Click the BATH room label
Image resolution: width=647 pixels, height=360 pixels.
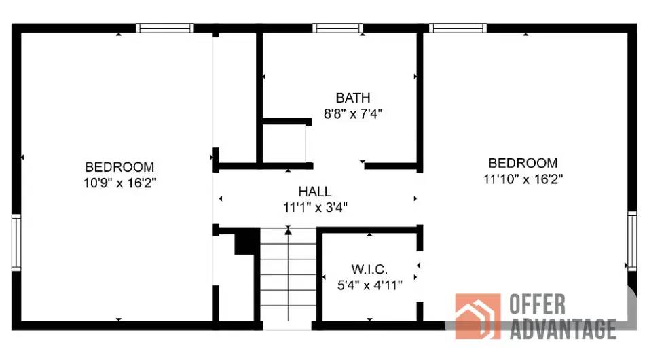click(352, 98)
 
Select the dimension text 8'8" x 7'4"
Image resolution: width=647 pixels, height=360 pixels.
click(352, 114)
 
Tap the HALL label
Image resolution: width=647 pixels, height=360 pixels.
click(315, 192)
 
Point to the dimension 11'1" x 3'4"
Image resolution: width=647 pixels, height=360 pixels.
click(315, 208)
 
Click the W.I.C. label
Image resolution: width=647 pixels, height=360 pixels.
click(370, 269)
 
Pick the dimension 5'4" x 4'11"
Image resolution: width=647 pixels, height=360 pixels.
click(370, 285)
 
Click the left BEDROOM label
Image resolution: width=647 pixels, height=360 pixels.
click(119, 167)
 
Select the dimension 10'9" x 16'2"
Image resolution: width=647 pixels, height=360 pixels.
click(119, 183)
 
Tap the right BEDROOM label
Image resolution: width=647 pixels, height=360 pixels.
click(523, 163)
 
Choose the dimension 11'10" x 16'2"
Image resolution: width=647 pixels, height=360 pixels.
click(523, 179)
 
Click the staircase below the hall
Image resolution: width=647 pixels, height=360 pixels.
click(288, 278)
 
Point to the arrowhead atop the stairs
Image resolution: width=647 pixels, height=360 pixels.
click(288, 232)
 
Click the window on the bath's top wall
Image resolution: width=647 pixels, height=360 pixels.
click(337, 29)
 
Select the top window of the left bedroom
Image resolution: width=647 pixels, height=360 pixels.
click(164, 29)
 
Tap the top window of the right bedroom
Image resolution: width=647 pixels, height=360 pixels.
click(458, 29)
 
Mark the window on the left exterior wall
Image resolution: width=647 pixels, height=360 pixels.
click(16, 242)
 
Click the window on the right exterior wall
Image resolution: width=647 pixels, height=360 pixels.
click(631, 240)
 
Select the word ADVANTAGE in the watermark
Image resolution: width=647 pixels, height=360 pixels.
click(562, 329)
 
